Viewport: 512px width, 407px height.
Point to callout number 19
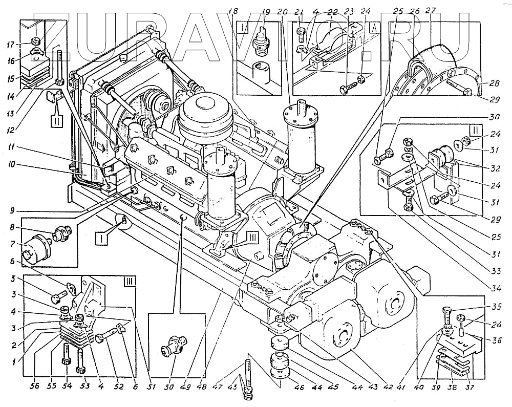pyautogui.click(x=266, y=11)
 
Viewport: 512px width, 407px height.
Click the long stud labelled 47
pyautogui.click(x=247, y=374)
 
